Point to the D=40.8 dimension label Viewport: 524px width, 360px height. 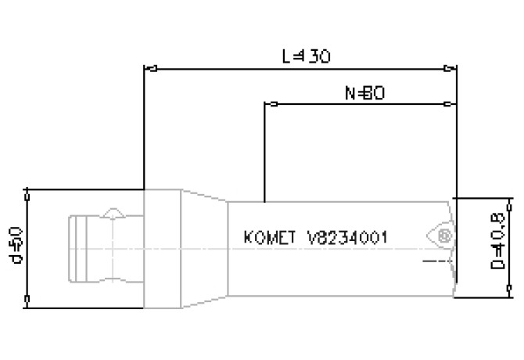(496, 246)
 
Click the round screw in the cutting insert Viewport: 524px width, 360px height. (444, 235)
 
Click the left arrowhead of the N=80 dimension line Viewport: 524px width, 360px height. (271, 103)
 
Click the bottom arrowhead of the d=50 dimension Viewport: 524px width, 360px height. (27, 298)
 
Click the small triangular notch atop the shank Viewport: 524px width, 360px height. (113, 212)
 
